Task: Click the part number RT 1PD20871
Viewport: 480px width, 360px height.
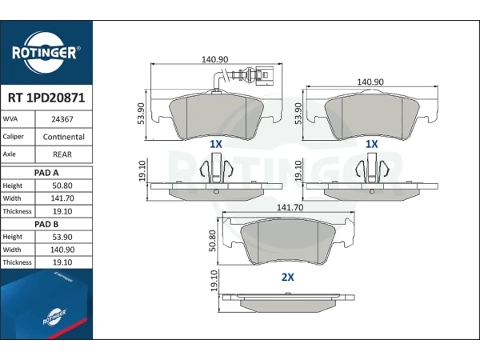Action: click(46, 98)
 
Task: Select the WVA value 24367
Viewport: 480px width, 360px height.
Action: click(62, 119)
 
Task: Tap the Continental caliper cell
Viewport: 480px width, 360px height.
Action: click(64, 137)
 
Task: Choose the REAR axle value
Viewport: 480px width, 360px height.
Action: click(62, 154)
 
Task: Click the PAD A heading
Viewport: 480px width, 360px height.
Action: click(46, 173)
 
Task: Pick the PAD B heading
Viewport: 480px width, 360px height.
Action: click(46, 224)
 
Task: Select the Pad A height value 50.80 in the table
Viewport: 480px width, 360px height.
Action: click(62, 186)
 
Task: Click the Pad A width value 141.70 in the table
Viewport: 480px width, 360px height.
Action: click(62, 198)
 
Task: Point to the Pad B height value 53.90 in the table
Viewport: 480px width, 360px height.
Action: click(62, 238)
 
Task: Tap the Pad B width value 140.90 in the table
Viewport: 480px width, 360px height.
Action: click(62, 250)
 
